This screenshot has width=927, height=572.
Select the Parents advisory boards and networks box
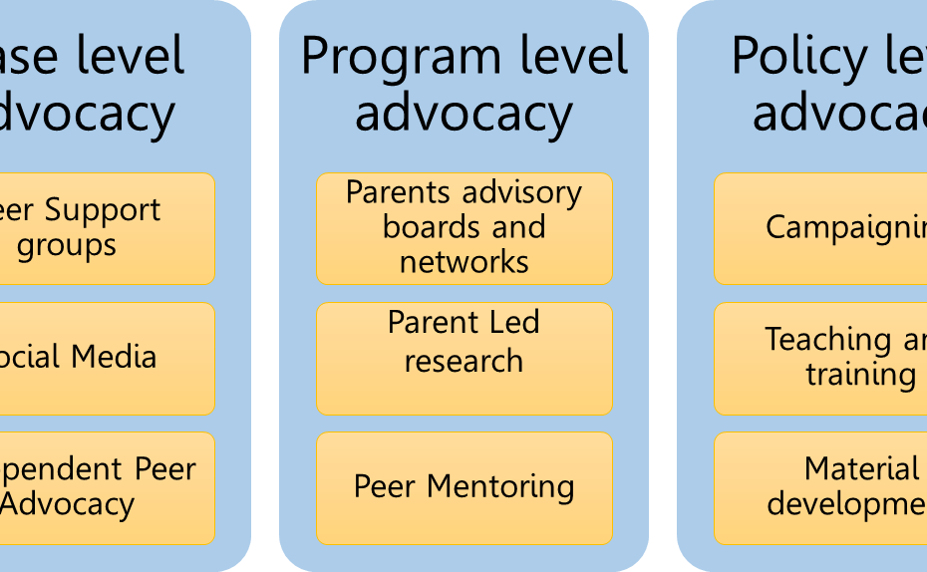[x=464, y=228]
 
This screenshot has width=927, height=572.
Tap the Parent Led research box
[x=464, y=359]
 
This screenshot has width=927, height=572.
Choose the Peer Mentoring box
[x=464, y=488]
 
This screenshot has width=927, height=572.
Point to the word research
[x=464, y=361]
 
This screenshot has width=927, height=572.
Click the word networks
[x=464, y=262]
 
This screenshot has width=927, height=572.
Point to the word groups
[x=67, y=246]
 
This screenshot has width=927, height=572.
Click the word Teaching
[x=817, y=340]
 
